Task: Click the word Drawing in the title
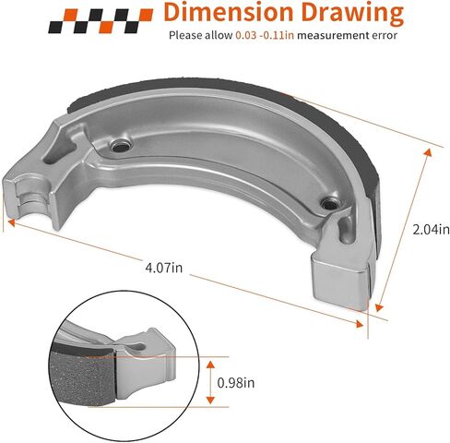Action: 352,14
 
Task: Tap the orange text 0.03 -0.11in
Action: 265,35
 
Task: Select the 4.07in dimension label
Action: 164,268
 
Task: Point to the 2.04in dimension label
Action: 431,230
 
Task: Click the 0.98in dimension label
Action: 236,383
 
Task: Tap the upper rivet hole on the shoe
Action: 120,146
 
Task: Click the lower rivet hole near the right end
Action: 329,203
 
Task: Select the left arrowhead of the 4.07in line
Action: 11,222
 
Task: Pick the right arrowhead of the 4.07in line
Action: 360,324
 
